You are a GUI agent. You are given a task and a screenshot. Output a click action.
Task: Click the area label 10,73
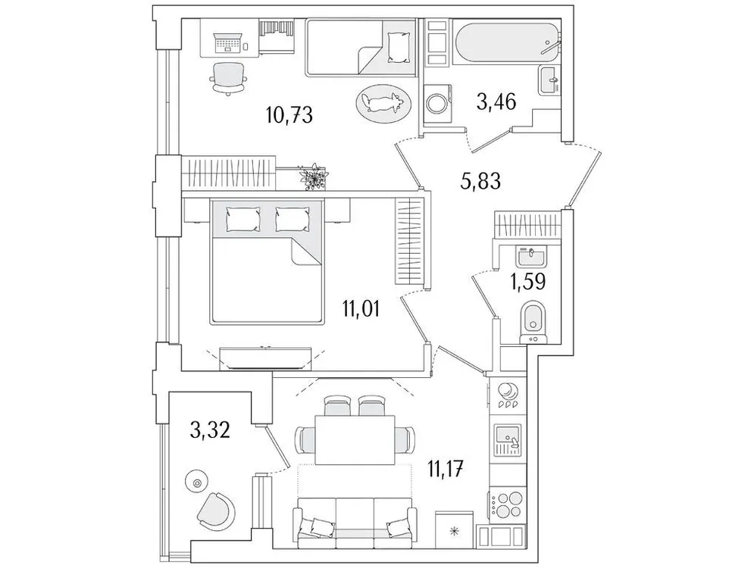tap(289, 115)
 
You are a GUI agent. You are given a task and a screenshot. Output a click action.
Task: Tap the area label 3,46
tap(496, 100)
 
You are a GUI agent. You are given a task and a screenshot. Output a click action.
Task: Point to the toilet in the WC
tap(535, 319)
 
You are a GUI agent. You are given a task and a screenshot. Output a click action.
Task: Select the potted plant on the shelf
tap(311, 178)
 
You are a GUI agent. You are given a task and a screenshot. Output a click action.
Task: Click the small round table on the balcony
tap(197, 482)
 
